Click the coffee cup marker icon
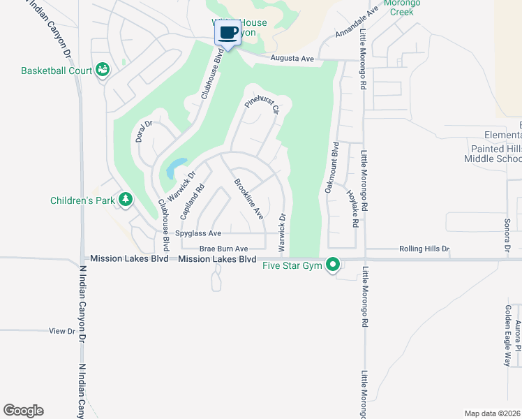tap(228, 33)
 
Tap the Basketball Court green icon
tap(103, 69)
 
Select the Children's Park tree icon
tap(126, 200)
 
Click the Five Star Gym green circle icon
tap(334, 265)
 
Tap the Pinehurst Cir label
tap(262, 107)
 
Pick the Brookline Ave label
tap(248, 200)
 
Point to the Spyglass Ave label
tap(198, 233)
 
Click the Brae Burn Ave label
tap(223, 249)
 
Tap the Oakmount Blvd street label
tap(330, 168)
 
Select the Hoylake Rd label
tap(352, 209)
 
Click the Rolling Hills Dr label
tap(424, 249)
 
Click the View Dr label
tap(61, 331)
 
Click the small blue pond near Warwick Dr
tap(173, 168)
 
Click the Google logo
tap(23, 411)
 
